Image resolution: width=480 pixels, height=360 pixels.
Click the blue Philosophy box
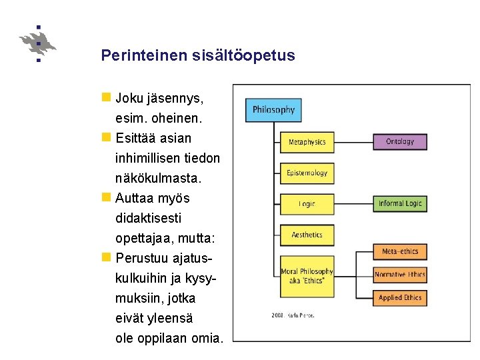[273, 110]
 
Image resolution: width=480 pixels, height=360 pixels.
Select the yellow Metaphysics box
[307, 142]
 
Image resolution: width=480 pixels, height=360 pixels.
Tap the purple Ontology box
[399, 141]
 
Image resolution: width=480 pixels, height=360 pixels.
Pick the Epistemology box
[307, 173]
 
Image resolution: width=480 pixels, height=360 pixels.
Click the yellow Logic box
[307, 204]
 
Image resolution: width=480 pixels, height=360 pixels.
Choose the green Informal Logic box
[399, 203]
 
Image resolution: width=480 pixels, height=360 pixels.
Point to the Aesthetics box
[307, 235]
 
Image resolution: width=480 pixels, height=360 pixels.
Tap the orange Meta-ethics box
[399, 251]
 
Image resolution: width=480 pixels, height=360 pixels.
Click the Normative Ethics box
[399, 275]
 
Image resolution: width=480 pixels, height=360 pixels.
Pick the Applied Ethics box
[399, 297]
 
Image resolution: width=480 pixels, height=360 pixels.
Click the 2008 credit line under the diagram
[293, 315]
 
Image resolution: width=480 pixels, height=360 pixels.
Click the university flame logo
[38, 44]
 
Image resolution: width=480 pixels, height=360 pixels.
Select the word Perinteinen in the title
[137, 55]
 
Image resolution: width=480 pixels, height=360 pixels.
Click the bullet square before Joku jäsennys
[106, 97]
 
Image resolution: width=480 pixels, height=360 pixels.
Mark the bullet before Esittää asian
[106, 137]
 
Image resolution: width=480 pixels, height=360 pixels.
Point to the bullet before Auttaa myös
[106, 197]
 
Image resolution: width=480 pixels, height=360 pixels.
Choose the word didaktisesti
[148, 218]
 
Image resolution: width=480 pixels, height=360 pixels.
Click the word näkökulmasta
[158, 178]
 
